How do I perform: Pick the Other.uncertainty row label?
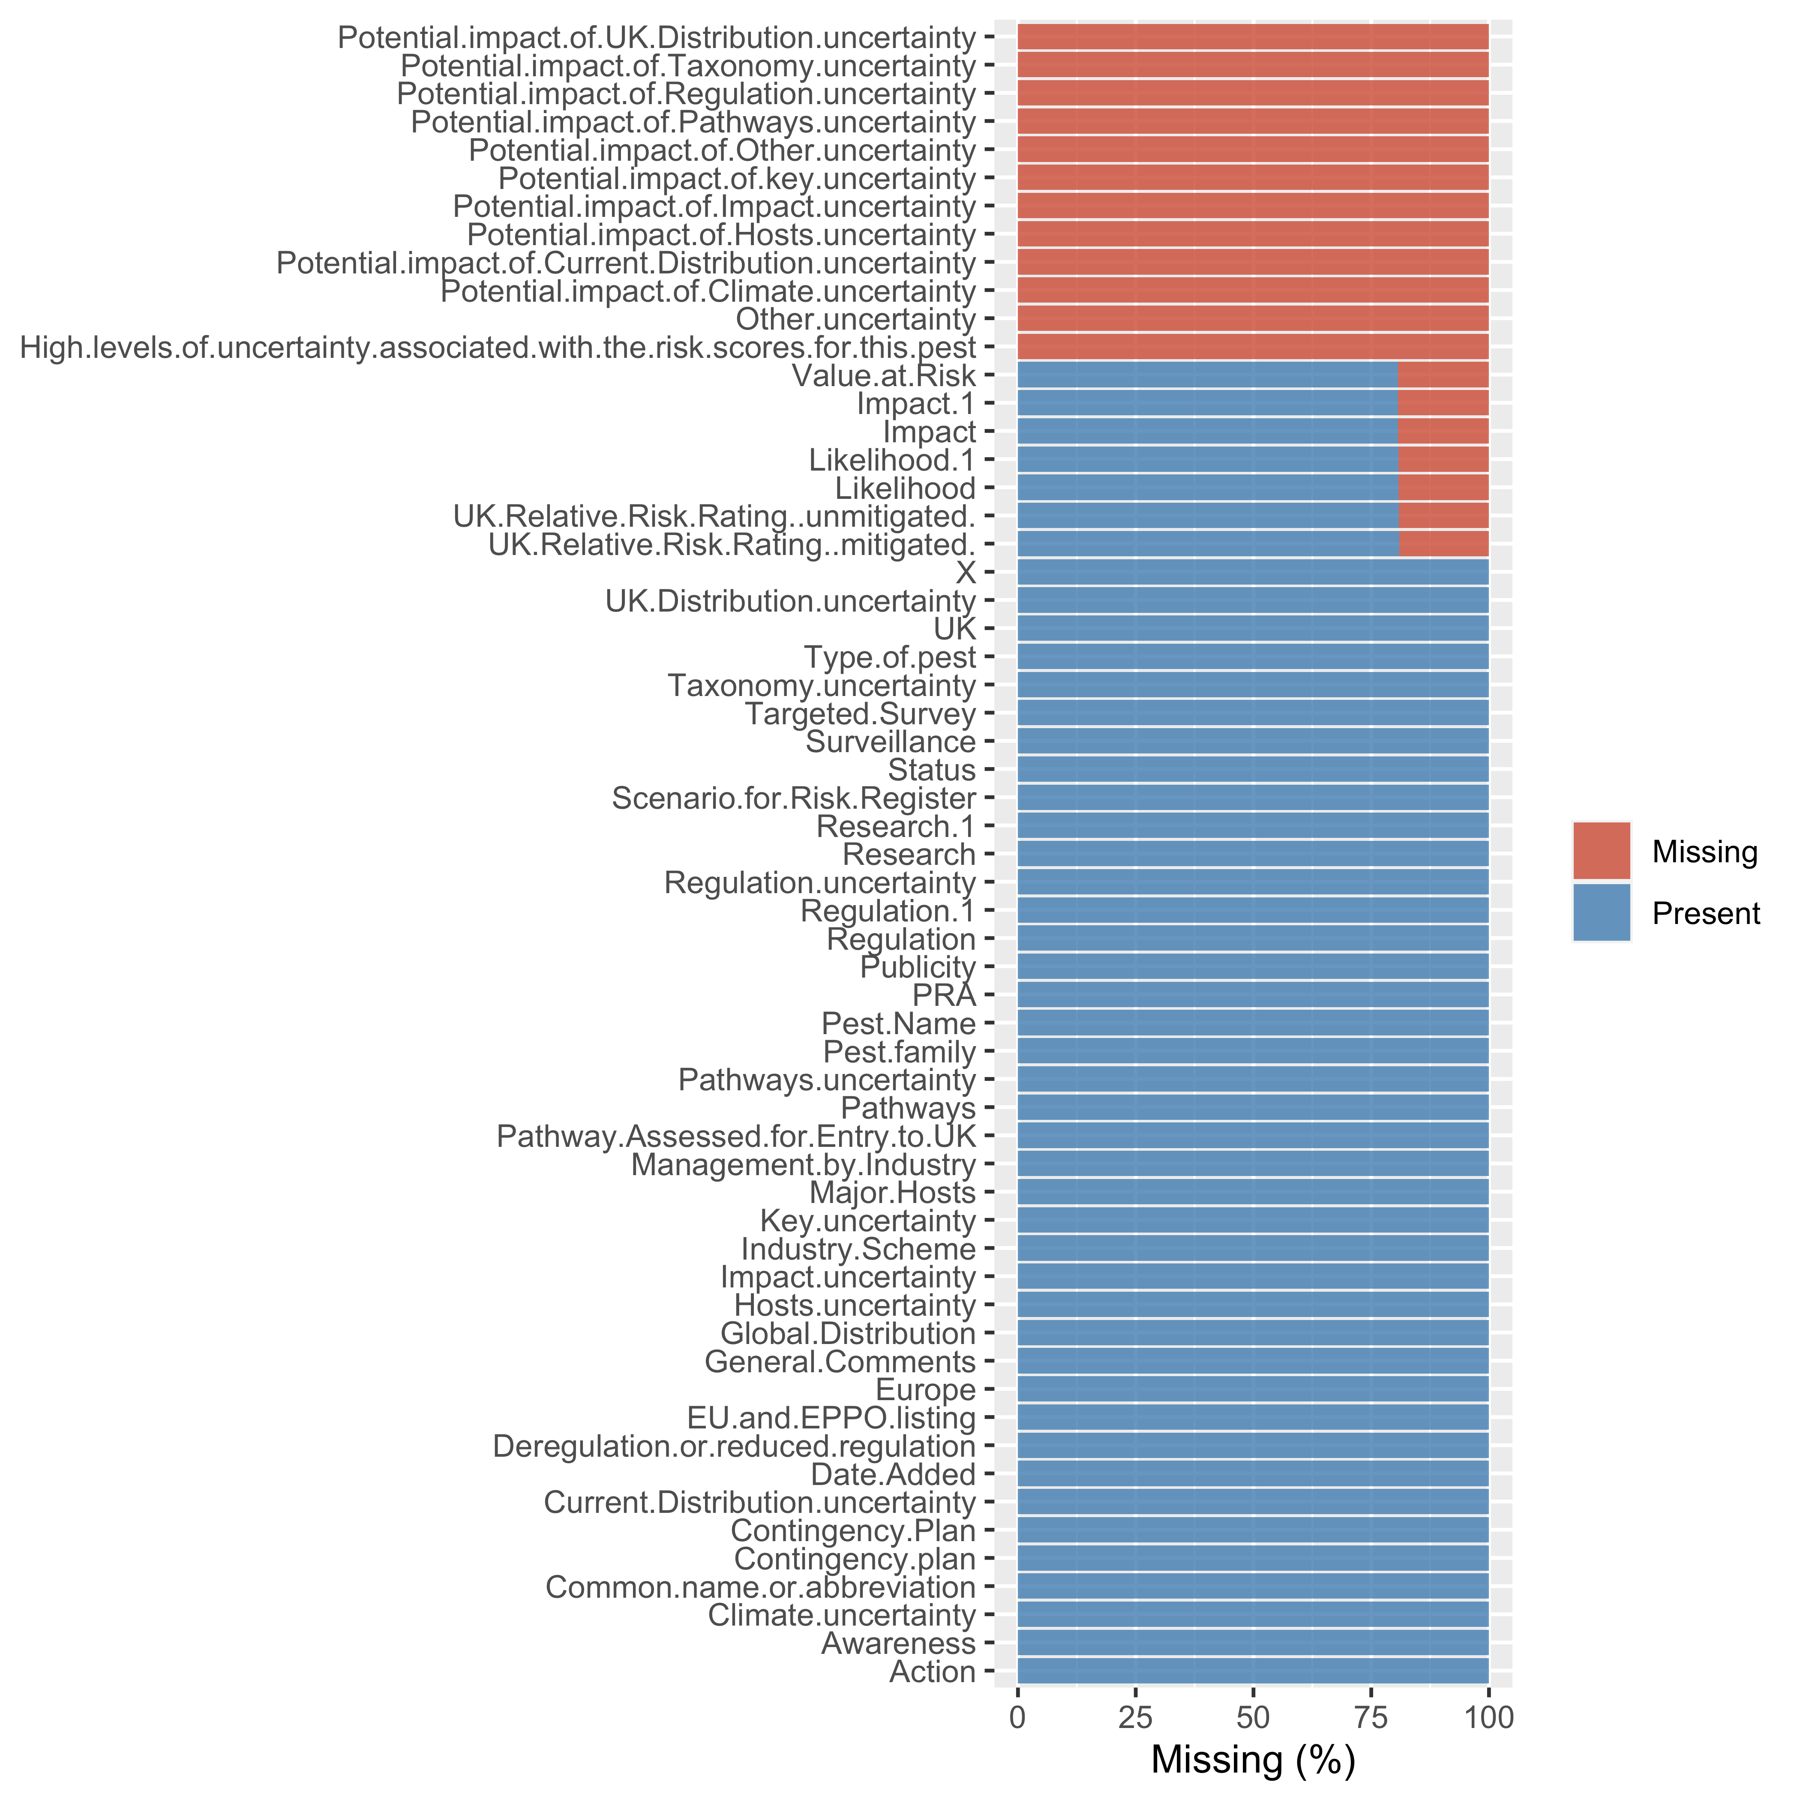(x=855, y=320)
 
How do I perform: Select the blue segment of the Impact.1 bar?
(x=1207, y=404)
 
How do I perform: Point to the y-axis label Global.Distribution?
(x=848, y=1334)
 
